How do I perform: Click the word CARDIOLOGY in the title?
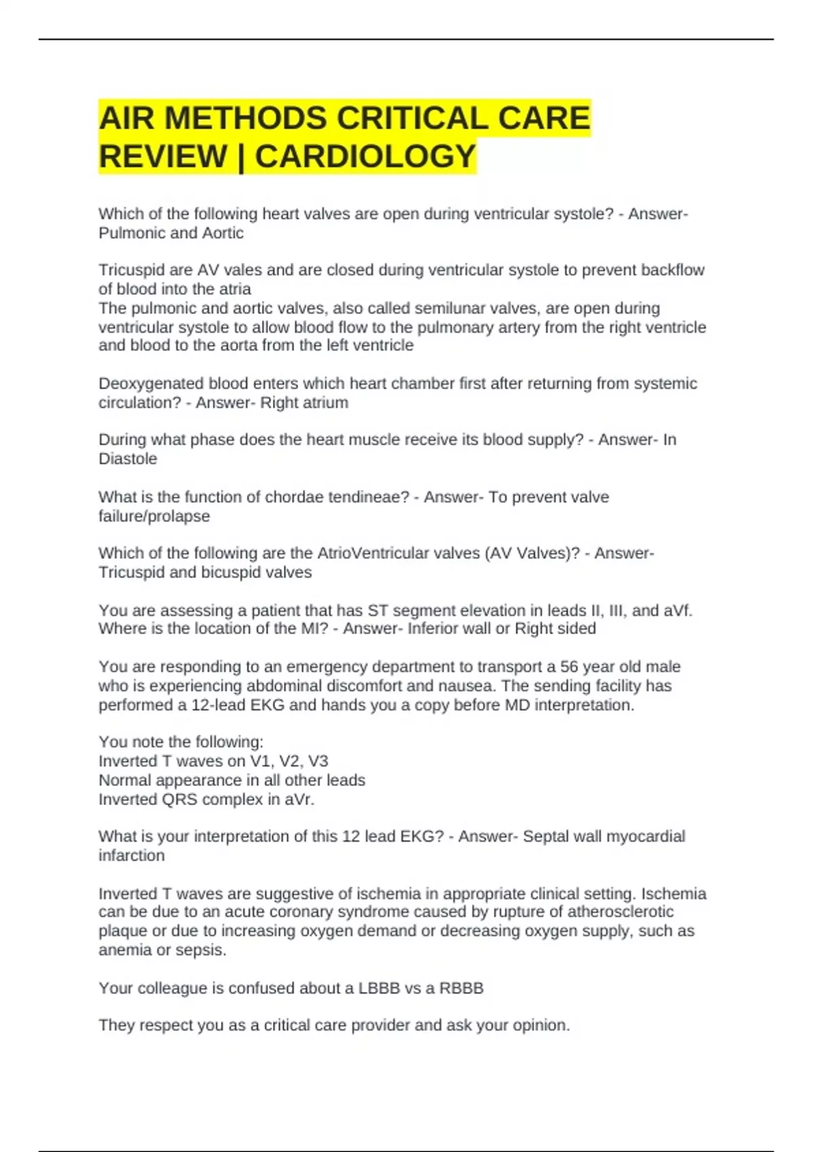click(366, 157)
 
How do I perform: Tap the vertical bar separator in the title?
click(241, 157)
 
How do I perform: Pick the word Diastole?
click(128, 459)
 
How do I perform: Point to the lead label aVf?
click(677, 611)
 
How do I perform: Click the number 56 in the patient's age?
click(569, 667)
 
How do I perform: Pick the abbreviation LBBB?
click(379, 988)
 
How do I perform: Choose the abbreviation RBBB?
click(461, 988)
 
